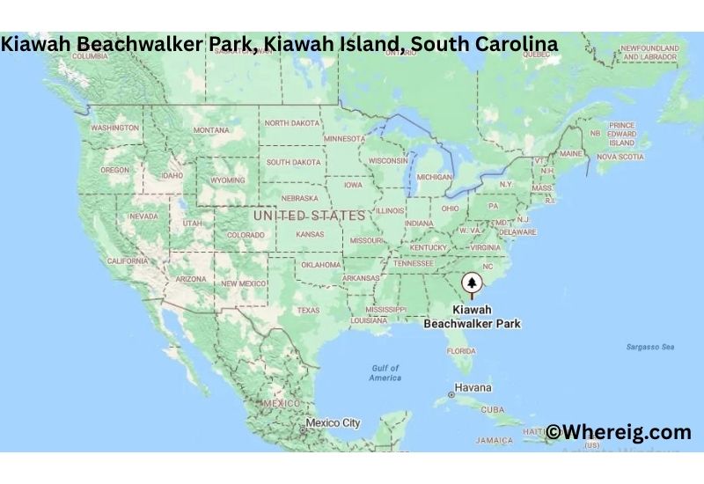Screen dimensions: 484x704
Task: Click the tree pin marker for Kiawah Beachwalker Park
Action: pos(473,282)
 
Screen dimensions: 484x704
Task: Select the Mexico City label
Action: pos(333,423)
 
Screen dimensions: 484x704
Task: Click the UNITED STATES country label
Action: pos(308,216)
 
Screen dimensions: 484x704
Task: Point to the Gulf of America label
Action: pos(385,373)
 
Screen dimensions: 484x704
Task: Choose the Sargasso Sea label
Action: pos(651,347)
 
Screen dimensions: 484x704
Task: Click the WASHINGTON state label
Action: pos(114,128)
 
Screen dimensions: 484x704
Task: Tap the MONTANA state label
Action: pos(211,130)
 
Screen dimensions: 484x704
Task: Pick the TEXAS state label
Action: pos(308,310)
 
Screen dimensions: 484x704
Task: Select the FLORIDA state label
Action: pos(461,350)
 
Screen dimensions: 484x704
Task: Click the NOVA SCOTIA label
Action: pos(620,157)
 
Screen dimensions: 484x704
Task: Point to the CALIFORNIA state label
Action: pos(128,260)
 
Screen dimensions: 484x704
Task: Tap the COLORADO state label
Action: pos(246,235)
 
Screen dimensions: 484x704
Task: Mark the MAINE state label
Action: pos(570,153)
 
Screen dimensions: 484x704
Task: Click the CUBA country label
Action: pos(493,409)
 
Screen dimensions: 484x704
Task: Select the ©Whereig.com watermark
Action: pos(619,432)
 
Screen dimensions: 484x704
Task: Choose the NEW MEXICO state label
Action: pos(243,283)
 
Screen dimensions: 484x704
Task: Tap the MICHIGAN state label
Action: pos(434,177)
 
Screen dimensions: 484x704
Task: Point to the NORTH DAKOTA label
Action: pos(294,123)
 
